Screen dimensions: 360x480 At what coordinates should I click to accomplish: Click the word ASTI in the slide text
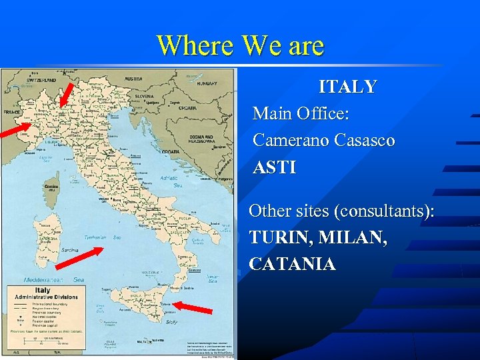coord(274,168)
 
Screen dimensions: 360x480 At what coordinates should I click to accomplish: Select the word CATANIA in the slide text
coord(292,264)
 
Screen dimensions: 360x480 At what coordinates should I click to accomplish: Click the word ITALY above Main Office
coord(347,87)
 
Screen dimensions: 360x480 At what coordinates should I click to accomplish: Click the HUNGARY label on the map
coord(207,83)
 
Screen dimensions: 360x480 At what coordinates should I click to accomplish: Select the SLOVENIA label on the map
coord(144,96)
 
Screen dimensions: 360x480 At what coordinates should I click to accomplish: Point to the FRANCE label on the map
coord(12,113)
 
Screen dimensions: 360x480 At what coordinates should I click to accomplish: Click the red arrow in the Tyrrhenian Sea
coord(83,255)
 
